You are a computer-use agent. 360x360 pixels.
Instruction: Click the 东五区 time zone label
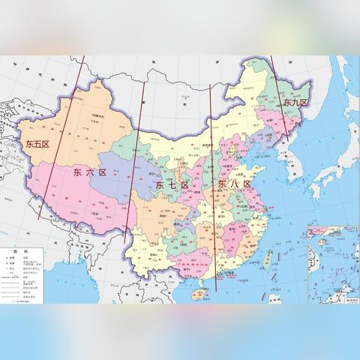[36, 142]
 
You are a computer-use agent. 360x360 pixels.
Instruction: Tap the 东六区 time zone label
[89, 172]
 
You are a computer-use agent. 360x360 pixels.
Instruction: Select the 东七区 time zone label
[172, 184]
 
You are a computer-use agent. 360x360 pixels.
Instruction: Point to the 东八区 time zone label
[232, 183]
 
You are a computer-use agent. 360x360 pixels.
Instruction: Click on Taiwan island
[268, 259]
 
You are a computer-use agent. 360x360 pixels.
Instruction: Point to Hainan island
[196, 295]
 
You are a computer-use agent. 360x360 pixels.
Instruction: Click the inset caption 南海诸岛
[346, 299]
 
